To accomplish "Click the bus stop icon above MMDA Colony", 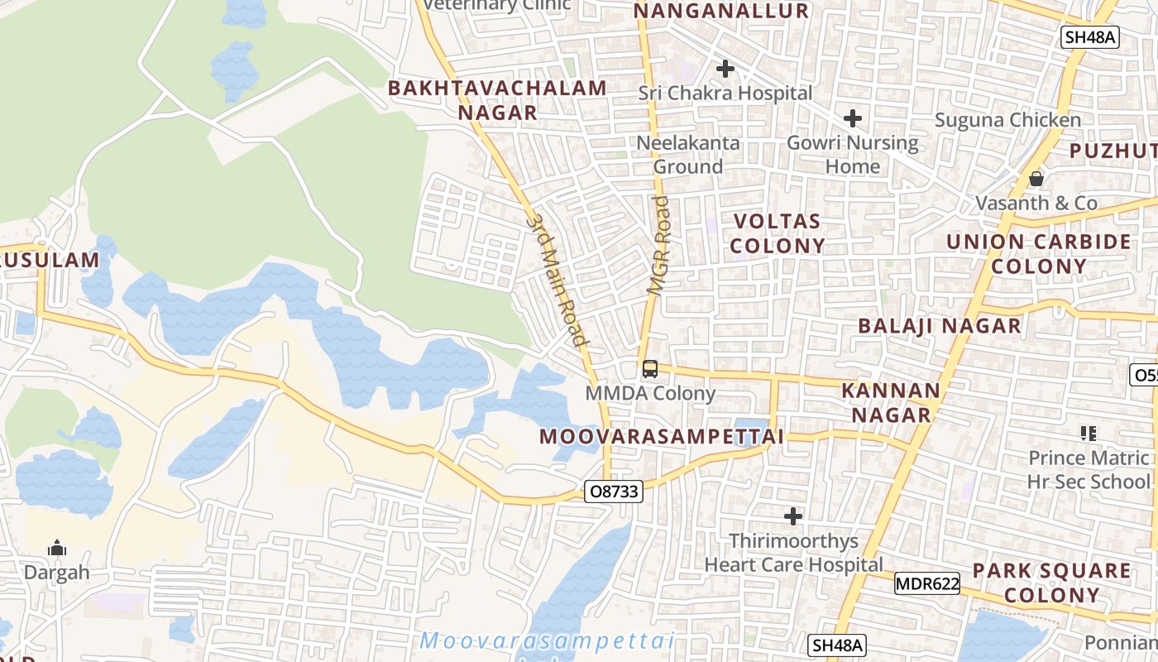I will coord(650,369).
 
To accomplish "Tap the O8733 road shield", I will coord(613,492).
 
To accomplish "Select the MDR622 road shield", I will coord(926,584).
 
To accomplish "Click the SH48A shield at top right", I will coord(1090,37).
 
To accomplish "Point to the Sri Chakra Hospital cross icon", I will coord(725,69).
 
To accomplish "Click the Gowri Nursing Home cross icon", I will coord(853,118).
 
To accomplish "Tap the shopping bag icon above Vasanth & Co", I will coord(1036,179).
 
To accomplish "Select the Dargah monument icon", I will coord(56,548).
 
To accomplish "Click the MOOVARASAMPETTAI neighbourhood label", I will coord(661,437).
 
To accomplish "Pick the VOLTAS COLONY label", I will coord(777,233).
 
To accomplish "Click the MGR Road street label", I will coord(659,246).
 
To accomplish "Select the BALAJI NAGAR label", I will coord(939,326).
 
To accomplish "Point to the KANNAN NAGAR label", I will coord(891,402).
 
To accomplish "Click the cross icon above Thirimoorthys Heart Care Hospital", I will coord(792,517).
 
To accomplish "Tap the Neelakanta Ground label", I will coord(687,155).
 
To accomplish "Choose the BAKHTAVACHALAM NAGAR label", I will coord(498,100).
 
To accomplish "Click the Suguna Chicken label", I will coord(1007,120).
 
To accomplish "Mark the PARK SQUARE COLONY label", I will coord(1051,583).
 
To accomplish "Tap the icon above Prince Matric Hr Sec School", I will coord(1088,433).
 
